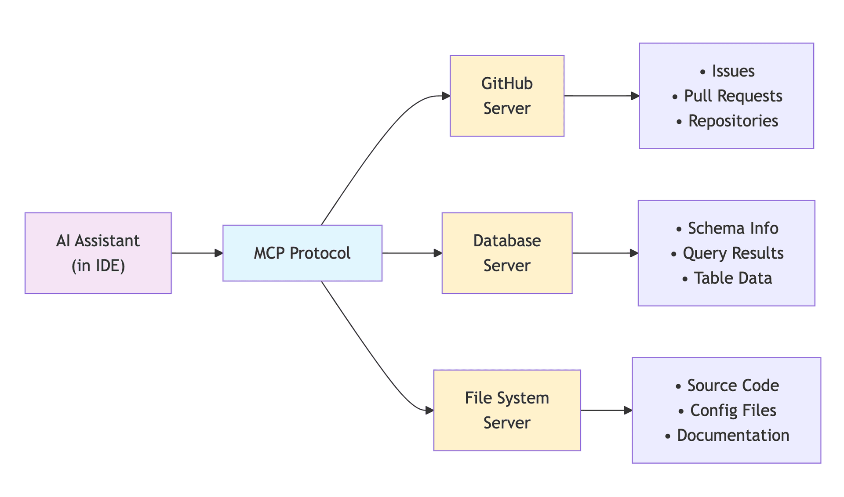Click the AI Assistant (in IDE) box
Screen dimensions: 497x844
coord(98,253)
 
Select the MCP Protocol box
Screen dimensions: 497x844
coord(302,253)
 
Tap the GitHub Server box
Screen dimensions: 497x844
coord(507,96)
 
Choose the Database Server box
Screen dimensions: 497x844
coord(507,253)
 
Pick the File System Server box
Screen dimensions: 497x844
coord(507,410)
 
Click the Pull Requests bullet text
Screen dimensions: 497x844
coord(733,96)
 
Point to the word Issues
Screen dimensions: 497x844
coord(733,71)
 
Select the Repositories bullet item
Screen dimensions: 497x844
coord(733,121)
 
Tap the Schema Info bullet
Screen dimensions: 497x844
coord(733,228)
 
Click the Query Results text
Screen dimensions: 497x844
coord(733,253)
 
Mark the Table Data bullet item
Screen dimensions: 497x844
coord(733,278)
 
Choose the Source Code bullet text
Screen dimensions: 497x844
coord(733,385)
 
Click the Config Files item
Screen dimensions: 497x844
coord(733,411)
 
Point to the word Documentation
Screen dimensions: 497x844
coord(733,435)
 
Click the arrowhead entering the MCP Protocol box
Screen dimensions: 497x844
coord(218,253)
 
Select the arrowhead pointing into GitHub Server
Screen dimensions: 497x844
coord(446,96)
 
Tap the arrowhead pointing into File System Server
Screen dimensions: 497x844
coord(429,410)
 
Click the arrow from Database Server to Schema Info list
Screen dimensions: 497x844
coord(604,253)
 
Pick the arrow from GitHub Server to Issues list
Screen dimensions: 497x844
coord(601,96)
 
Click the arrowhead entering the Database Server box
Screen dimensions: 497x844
coord(438,253)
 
